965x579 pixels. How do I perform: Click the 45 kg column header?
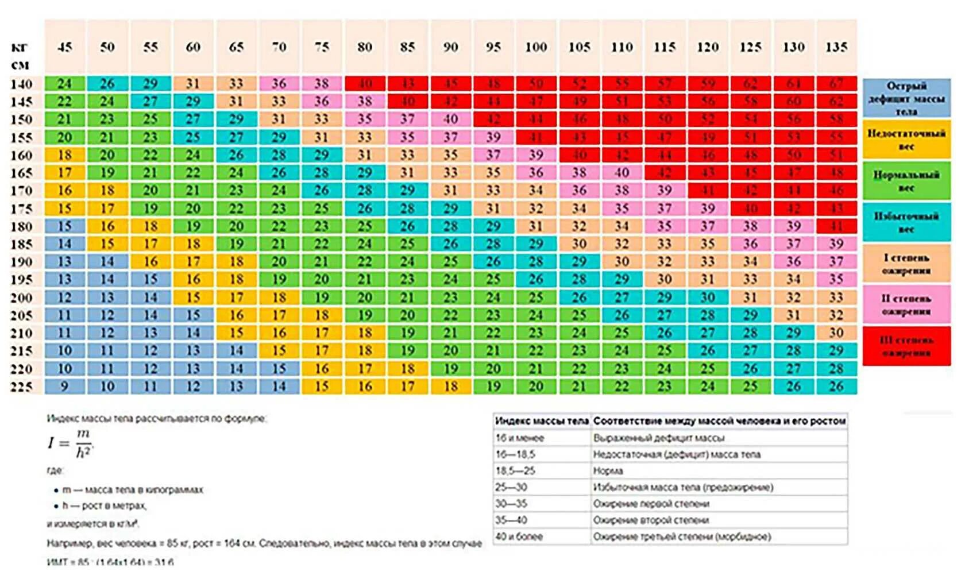65,47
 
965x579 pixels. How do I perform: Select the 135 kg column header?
836,47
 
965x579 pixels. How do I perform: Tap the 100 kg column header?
536,47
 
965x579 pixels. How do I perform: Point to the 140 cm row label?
21,84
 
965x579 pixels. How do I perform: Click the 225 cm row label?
21,387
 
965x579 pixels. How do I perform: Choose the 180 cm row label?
21,226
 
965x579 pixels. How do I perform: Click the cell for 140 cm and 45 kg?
65,84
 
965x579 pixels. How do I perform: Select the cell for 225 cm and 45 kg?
65,387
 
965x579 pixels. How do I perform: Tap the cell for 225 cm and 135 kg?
836,387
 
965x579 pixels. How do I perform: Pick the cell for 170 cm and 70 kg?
279,190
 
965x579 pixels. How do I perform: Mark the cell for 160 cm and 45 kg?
65,155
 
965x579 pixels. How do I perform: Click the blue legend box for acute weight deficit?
906,98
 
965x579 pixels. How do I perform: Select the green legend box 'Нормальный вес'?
906,181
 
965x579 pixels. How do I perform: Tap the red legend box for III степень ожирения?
906,346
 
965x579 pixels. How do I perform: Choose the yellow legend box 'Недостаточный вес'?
906,140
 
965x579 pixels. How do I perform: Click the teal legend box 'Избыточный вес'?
906,222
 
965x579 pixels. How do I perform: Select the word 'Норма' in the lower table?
608,471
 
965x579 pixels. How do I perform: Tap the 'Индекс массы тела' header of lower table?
542,421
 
